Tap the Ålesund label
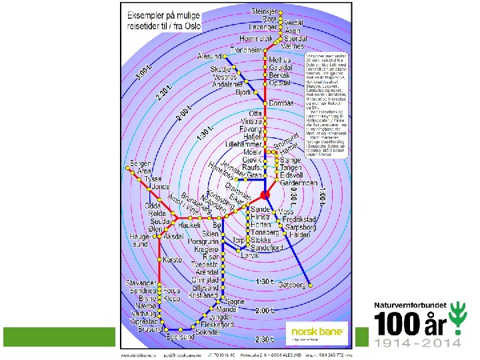pos(211,57)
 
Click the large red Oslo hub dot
pos(264,194)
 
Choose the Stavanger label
pos(140,283)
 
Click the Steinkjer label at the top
pos(265,12)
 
